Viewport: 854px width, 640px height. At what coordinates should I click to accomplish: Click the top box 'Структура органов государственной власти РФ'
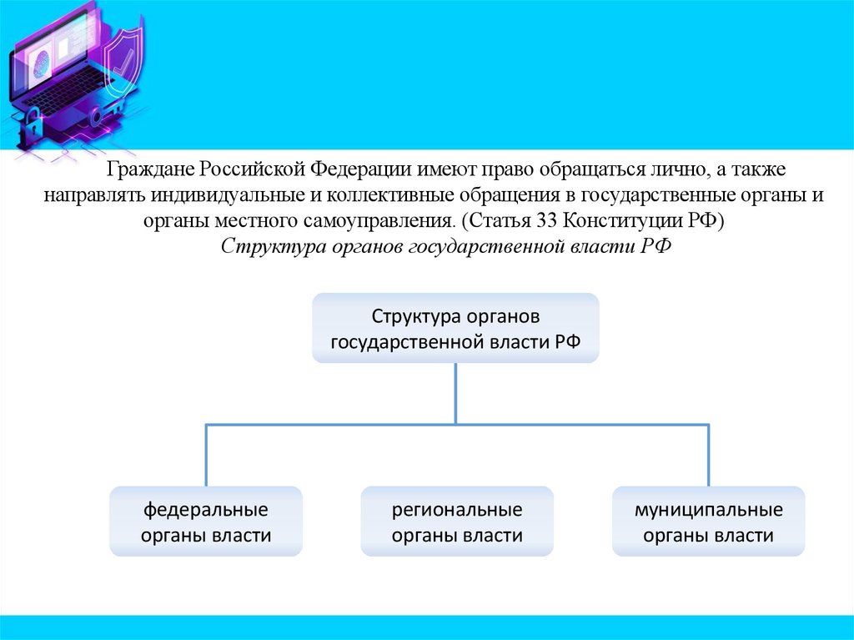(455, 328)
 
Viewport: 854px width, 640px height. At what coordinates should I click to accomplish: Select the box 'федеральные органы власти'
(206, 522)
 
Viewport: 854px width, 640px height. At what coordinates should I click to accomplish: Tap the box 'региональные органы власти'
(457, 522)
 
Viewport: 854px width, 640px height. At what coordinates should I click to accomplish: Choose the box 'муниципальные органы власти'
(708, 522)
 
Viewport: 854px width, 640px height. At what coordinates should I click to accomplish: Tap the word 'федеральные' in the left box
(206, 509)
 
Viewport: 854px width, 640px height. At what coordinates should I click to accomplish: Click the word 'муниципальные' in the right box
(708, 509)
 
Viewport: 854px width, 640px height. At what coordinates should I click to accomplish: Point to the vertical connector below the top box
(455, 393)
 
